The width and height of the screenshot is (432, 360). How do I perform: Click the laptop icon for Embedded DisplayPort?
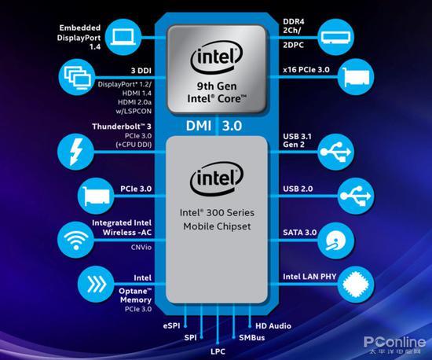[x=123, y=37]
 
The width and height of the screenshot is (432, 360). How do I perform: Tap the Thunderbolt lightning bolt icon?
[x=75, y=152]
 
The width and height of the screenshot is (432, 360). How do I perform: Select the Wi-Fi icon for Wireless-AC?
[x=75, y=240]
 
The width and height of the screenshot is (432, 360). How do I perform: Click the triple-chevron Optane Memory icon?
[x=96, y=284]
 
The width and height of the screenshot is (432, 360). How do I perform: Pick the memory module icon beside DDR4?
[x=335, y=37]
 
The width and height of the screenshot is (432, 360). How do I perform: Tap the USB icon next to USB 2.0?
[x=356, y=196]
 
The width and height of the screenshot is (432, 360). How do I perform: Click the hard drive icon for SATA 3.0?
[x=335, y=241]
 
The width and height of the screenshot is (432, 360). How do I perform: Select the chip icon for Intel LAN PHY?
[x=356, y=285]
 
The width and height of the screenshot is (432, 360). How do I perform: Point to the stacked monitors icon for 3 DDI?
[x=77, y=77]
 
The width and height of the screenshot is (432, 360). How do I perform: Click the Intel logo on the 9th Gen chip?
[x=217, y=58]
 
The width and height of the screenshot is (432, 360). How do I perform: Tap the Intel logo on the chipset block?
[x=217, y=178]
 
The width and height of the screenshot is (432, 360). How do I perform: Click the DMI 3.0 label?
[x=214, y=126]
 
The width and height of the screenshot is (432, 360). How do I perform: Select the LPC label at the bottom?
[x=218, y=351]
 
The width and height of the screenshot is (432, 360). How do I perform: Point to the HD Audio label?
[x=273, y=326]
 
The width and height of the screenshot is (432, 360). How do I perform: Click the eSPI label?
[x=171, y=326]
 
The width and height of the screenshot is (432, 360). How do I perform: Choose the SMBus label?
[x=252, y=338]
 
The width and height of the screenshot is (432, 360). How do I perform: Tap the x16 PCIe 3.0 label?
[x=306, y=70]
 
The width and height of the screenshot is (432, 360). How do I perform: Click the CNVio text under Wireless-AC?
[x=141, y=248]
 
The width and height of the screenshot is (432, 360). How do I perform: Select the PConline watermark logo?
[x=394, y=345]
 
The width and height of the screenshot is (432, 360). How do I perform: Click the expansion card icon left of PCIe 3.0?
[x=96, y=196]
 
